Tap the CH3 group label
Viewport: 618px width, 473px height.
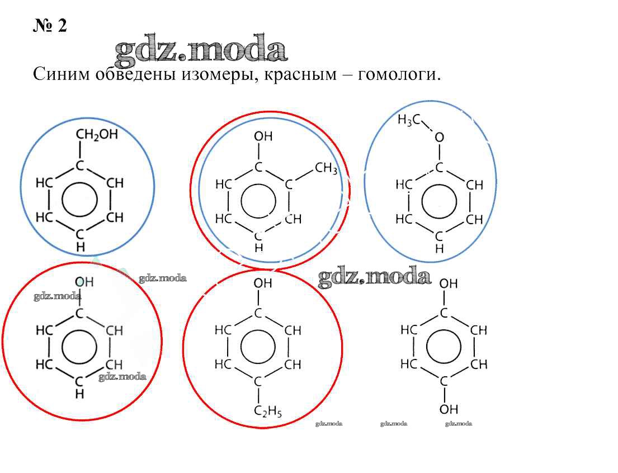pyautogui.click(x=326, y=168)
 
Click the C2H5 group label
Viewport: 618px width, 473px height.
pyautogui.click(x=268, y=413)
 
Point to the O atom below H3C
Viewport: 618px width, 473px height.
pyautogui.click(x=439, y=137)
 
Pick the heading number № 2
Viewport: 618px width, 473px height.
pyautogui.click(x=50, y=26)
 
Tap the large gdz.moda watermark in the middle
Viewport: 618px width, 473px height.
pyautogui.click(x=374, y=277)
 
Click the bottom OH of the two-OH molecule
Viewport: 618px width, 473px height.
pyautogui.click(x=449, y=409)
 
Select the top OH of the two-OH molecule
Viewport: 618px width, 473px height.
pyautogui.click(x=449, y=284)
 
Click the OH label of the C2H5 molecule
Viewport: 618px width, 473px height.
pyautogui.click(x=263, y=283)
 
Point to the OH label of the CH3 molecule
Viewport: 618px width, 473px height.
pyautogui.click(x=263, y=136)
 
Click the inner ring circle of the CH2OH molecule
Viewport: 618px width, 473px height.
pyautogui.click(x=79, y=200)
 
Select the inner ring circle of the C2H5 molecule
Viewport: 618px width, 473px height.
pyautogui.click(x=258, y=348)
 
